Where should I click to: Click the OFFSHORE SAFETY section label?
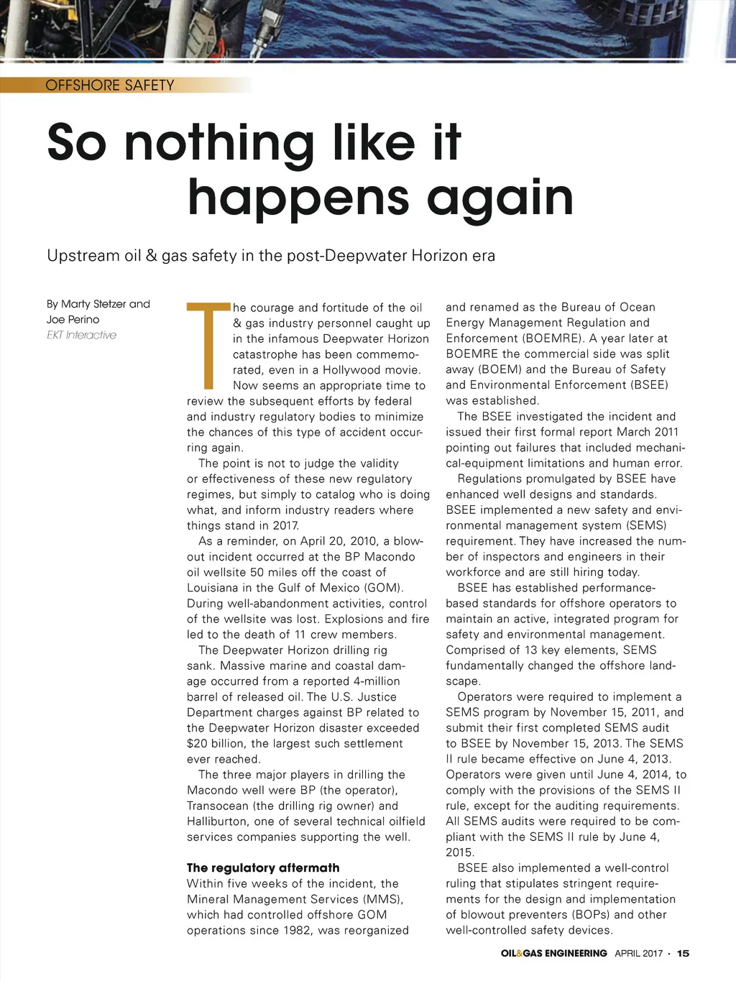tap(109, 86)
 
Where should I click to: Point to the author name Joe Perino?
tap(73, 320)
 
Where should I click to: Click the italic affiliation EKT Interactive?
tap(81, 336)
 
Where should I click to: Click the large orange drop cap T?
tap(208, 346)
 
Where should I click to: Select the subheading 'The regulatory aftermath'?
tap(263, 868)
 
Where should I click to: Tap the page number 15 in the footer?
tap(683, 954)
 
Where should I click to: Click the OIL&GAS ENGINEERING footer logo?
tap(553, 954)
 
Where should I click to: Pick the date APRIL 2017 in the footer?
tap(638, 954)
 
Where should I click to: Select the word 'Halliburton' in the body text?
tap(220, 821)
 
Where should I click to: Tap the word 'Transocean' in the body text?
tap(218, 806)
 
